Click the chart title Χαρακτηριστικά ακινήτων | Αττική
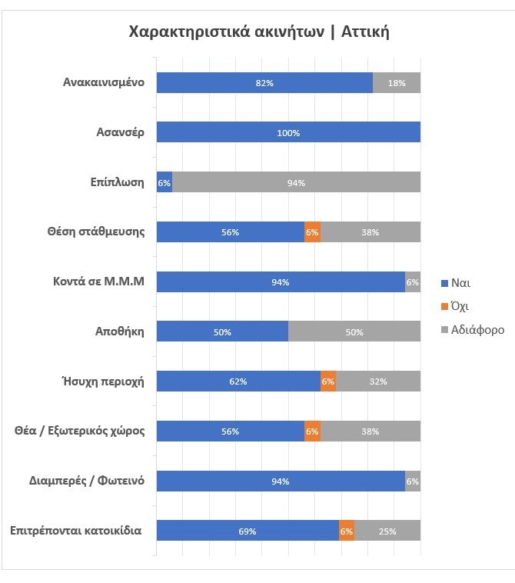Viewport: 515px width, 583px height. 260,32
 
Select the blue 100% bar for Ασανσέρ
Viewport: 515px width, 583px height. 288,132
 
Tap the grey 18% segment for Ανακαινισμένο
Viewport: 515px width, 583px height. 397,82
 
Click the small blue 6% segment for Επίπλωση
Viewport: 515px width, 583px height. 164,182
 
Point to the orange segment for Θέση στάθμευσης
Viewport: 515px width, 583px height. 312,232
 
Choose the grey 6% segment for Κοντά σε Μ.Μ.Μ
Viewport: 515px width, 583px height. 413,282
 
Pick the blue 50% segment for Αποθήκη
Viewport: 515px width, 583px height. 222,332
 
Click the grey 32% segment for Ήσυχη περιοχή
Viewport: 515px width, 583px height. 378,381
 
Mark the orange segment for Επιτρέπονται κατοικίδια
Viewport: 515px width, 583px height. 347,531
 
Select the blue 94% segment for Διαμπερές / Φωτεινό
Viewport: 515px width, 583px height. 281,481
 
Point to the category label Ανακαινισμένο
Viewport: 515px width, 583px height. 104,82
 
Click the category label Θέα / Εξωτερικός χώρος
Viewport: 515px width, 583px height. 81,431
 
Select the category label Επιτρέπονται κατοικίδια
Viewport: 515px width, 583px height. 76,531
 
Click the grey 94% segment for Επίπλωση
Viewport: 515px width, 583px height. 297,182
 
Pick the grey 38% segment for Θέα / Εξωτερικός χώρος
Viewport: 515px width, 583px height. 370,431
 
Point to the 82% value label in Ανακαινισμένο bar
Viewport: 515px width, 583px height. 264,83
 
